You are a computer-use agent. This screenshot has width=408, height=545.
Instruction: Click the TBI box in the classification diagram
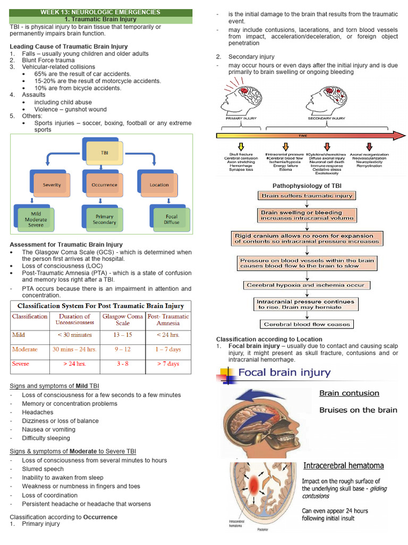tap(104, 152)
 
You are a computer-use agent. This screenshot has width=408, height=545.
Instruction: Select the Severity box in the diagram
tap(52, 185)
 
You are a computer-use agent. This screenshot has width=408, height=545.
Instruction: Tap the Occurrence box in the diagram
tap(104, 185)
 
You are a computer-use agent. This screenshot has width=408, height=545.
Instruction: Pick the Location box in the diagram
tap(159, 185)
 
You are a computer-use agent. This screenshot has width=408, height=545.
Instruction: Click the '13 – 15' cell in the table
tap(122, 335)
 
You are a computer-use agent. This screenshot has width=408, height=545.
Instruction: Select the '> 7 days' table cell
tap(168, 364)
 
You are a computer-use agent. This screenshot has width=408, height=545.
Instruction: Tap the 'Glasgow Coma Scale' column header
tap(122, 319)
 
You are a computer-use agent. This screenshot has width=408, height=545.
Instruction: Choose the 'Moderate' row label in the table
tap(25, 350)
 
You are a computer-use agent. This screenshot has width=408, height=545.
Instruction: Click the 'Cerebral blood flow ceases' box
tap(307, 324)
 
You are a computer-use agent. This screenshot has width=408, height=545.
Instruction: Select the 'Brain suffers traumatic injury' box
tap(307, 196)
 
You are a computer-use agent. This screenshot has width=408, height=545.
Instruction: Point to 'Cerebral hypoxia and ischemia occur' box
tap(305, 285)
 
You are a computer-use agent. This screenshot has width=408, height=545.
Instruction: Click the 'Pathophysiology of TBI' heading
tap(307, 185)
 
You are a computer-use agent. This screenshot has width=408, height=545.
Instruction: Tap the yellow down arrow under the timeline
tap(241, 146)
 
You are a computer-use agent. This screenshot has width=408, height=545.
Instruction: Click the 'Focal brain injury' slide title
tap(284, 373)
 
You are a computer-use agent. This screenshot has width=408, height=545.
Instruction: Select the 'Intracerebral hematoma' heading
tap(343, 466)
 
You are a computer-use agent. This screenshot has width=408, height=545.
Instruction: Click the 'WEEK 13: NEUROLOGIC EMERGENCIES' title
tap(100, 12)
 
